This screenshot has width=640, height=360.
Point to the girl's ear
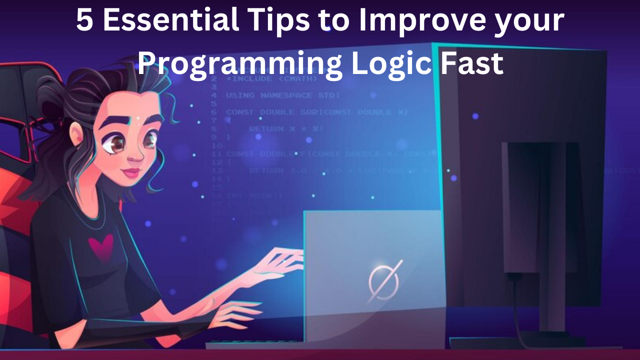click(76, 136)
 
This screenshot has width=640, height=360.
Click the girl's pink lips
click(131, 173)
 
